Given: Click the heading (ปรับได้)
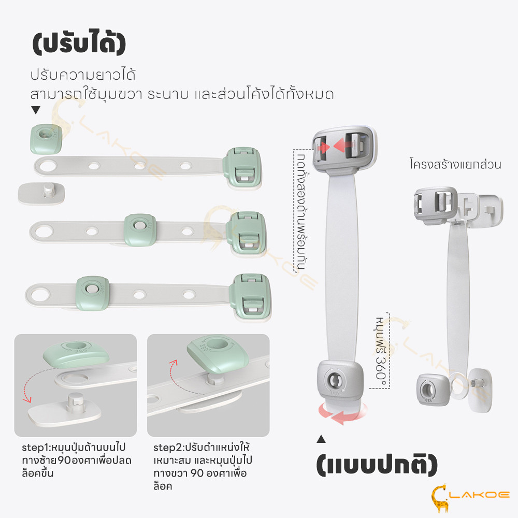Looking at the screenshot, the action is [79, 42].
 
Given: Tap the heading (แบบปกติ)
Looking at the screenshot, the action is [377, 465].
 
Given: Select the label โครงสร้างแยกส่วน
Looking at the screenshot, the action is [455, 164].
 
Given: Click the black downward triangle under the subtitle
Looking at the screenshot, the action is [36, 110].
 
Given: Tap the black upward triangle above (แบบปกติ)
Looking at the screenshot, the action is [321, 439].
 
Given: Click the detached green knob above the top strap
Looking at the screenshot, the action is [46, 139].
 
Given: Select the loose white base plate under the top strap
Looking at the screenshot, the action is [41, 194].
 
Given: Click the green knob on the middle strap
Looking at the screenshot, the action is [140, 229].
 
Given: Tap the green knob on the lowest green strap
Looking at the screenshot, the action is [92, 293].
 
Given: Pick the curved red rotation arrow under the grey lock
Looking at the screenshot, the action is [342, 413].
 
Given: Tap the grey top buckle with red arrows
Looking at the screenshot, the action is [344, 149].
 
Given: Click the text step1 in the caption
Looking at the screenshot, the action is [35, 448].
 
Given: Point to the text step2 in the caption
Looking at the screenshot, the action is [167, 448].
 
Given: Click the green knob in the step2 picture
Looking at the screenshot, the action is [218, 353].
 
